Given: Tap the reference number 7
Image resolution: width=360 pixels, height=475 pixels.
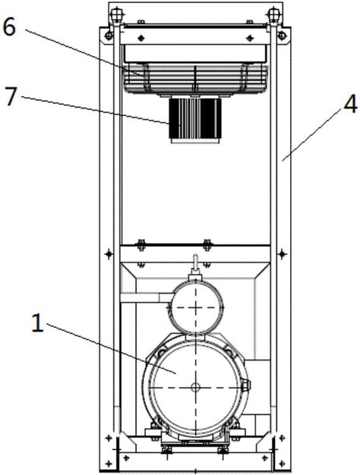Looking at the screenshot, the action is [11, 96].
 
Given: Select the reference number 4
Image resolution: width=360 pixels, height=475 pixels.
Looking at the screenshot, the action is [350, 105].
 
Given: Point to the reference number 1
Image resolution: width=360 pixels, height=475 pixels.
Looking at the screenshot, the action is [38, 323].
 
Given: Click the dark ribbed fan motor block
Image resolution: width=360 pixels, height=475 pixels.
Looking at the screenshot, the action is [195, 118].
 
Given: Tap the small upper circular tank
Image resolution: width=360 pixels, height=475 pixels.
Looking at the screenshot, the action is [196, 307].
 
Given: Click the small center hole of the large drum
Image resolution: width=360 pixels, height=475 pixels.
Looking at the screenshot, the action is [196, 386].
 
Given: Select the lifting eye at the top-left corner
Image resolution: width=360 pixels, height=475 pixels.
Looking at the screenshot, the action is [115, 14].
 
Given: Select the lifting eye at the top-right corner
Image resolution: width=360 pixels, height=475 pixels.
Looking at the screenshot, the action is [273, 14].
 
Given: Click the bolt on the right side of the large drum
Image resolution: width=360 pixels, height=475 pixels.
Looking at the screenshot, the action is [245, 385].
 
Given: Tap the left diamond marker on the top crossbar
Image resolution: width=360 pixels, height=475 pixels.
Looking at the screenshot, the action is [141, 38].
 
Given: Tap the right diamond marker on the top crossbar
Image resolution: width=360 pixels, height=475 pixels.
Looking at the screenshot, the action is [250, 38].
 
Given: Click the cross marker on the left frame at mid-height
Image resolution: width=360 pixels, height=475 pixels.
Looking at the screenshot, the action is [109, 253].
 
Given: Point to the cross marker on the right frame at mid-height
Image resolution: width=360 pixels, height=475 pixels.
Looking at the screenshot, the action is [282, 253].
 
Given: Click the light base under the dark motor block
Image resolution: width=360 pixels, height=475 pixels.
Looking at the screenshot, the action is [195, 140].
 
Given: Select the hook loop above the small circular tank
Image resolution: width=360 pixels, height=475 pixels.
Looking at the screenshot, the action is [196, 263].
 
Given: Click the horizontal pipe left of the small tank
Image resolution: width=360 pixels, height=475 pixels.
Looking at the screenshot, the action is [146, 297].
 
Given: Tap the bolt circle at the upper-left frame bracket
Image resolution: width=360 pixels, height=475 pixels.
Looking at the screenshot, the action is [108, 36].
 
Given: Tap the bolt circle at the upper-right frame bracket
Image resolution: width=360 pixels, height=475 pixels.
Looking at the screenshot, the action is [282, 36].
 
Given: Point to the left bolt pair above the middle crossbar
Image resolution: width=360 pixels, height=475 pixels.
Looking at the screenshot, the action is [141, 245].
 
